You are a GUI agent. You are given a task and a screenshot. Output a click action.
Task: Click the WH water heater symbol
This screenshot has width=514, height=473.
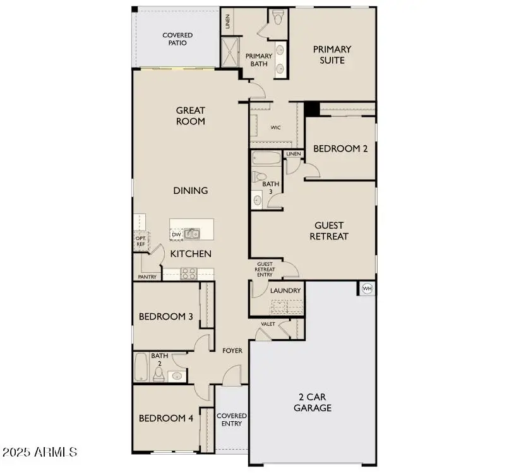(x=367, y=289)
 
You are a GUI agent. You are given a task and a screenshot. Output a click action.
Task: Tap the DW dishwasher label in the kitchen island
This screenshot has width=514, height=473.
(x=177, y=235)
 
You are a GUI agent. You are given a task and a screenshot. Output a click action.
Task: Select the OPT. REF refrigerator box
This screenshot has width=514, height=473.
(x=140, y=241)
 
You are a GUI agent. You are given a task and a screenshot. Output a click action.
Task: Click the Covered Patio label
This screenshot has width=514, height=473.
(x=177, y=39)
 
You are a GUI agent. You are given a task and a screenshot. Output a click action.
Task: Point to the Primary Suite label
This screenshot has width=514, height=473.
(x=332, y=54)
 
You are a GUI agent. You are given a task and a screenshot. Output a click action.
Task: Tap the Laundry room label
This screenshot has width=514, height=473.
(x=285, y=290)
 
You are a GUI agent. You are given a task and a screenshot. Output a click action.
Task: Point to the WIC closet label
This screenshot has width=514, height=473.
(x=275, y=127)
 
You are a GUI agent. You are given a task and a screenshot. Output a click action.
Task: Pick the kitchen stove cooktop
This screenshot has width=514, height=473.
(x=189, y=273)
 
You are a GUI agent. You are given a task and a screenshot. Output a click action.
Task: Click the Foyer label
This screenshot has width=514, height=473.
(x=232, y=350)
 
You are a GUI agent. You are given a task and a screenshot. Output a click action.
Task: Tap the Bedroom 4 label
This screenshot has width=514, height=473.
(x=165, y=418)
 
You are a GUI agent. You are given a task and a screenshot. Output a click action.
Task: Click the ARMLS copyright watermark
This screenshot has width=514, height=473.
(x=40, y=452)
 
